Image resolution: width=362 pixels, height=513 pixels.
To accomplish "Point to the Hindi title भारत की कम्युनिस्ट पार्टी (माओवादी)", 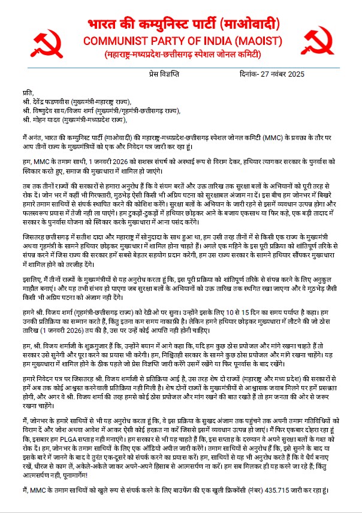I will click(180, 25).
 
